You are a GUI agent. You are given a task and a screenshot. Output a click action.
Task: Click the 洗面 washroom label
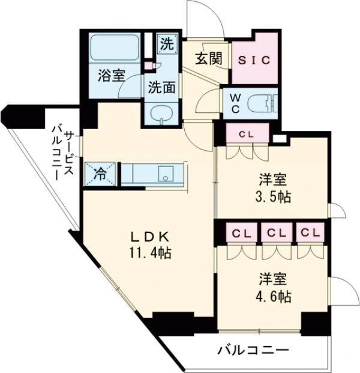[161, 86]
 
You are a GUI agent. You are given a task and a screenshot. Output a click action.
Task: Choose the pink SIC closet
[256, 60]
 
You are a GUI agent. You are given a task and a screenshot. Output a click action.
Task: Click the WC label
[235, 103]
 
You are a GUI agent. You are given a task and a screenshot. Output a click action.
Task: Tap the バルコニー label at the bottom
[253, 350]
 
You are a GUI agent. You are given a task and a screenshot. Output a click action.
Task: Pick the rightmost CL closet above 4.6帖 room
[309, 232]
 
